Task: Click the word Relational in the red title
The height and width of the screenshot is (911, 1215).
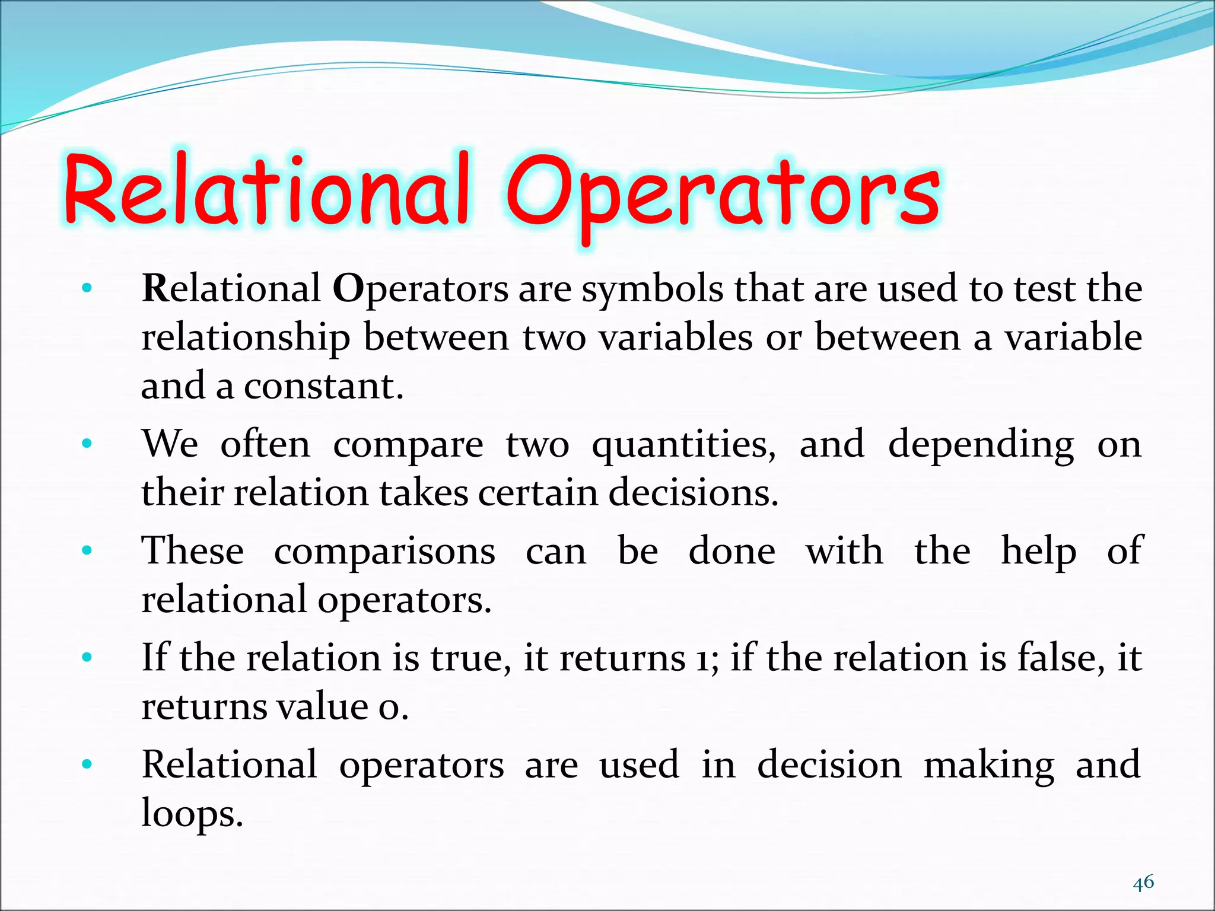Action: coord(267,190)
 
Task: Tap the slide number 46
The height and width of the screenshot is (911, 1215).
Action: coord(1143,882)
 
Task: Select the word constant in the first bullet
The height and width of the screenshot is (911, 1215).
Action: coord(323,386)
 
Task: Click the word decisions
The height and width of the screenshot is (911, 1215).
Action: coord(693,493)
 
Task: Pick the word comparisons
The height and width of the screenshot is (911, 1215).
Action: coord(384,552)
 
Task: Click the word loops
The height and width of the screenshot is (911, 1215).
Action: coord(192,814)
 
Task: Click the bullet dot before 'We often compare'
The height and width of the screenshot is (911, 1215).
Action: coord(87,443)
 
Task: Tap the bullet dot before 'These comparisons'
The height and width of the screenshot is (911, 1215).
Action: coord(87,550)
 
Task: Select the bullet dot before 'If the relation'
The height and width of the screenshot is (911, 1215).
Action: coord(87,657)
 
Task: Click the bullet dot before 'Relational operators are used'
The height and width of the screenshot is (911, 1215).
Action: coord(87,764)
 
